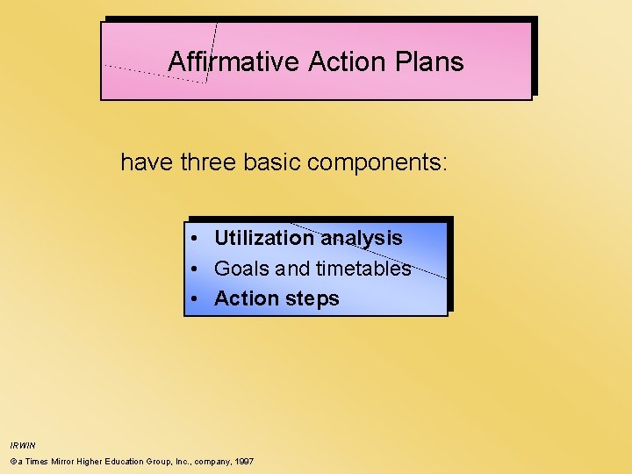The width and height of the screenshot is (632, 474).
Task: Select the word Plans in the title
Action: point(429,61)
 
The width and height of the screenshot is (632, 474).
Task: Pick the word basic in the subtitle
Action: point(276,162)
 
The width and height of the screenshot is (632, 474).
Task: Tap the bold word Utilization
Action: point(263,238)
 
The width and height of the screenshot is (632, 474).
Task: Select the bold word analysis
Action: point(362,239)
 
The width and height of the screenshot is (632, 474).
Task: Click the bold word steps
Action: point(312,299)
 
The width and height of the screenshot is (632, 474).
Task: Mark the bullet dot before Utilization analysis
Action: point(197,238)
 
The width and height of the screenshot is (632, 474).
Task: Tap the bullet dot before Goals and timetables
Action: point(197,269)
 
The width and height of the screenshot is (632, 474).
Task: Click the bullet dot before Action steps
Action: point(197,298)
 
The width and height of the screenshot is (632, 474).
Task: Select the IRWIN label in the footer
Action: point(23,445)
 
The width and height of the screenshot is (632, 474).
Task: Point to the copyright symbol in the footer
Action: point(13,461)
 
